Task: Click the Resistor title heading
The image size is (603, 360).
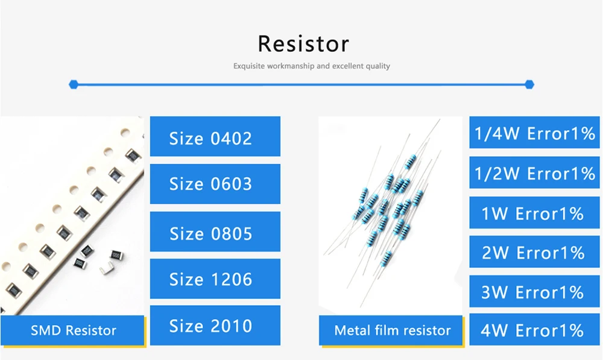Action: tap(303, 44)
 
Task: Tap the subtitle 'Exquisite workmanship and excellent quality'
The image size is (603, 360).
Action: tap(312, 66)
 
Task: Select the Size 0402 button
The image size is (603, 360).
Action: tap(215, 137)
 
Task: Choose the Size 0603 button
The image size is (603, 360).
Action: tap(215, 184)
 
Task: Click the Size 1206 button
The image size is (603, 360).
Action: tap(215, 279)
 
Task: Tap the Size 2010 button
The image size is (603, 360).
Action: tap(215, 326)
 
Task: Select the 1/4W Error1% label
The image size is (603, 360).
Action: tap(534, 133)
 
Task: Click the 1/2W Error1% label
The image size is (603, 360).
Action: tap(534, 173)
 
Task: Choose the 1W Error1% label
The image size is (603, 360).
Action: tap(534, 213)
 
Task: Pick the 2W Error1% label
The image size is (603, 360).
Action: tap(534, 252)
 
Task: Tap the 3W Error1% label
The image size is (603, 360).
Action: tap(534, 292)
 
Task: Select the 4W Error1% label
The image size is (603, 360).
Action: tap(534, 330)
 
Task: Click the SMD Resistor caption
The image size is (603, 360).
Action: tap(73, 330)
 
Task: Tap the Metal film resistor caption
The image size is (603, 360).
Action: tap(392, 330)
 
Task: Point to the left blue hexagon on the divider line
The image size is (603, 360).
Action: tap(74, 84)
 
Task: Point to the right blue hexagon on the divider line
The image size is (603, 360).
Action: tap(529, 84)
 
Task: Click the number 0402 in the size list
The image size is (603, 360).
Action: tap(231, 137)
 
